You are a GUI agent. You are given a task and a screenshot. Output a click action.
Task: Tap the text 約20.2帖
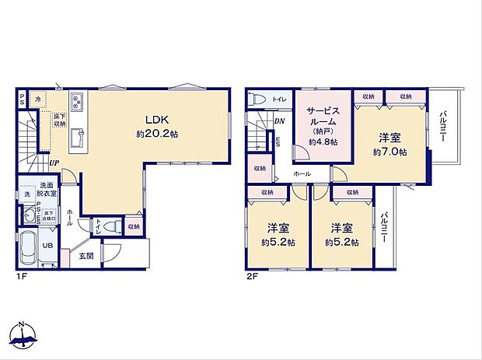click(x=155, y=133)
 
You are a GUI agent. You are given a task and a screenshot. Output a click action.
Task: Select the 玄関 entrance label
click(x=86, y=256)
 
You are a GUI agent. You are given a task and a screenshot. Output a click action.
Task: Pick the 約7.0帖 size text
click(x=389, y=152)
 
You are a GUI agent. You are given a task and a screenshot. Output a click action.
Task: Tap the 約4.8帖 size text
click(x=322, y=142)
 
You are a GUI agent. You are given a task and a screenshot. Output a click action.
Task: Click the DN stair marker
click(x=278, y=121)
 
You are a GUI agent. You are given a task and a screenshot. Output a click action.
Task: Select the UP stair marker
click(x=54, y=163)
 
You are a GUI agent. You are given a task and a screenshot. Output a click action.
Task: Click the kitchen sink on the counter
click(x=78, y=138)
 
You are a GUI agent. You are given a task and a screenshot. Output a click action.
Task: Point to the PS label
click(x=23, y=99)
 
